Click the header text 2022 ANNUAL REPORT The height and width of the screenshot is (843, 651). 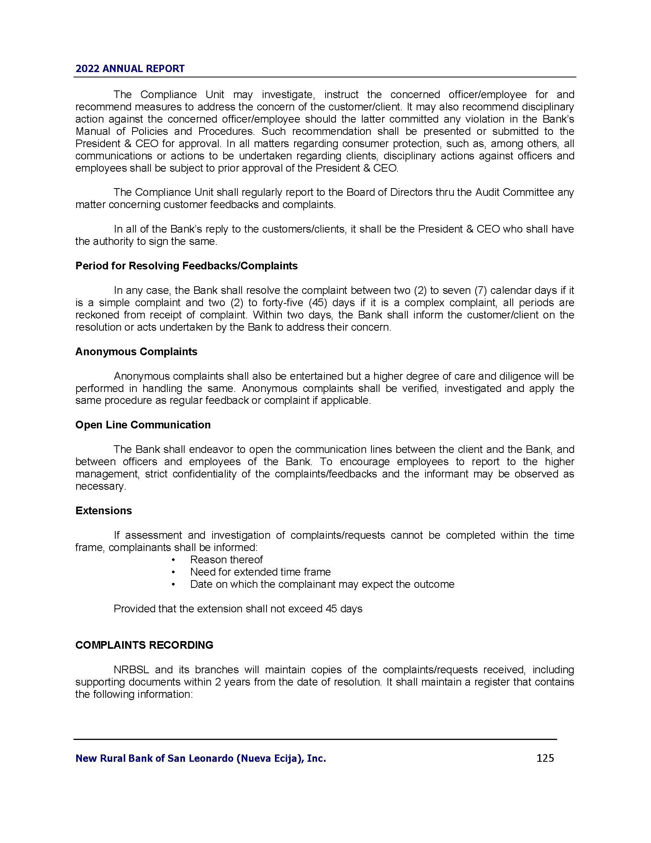pos(130,69)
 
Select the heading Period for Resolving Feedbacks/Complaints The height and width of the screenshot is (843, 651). pos(186,266)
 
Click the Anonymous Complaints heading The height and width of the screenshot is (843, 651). pos(136,352)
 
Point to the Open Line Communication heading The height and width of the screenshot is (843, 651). pos(143,425)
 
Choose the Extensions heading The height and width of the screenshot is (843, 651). pos(103,511)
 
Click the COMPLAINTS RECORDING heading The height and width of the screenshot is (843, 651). pos(144,645)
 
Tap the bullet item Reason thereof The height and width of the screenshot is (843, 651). pos(226,560)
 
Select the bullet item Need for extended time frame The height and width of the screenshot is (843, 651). pos(260,572)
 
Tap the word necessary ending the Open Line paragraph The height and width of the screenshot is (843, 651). pos(100,486)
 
